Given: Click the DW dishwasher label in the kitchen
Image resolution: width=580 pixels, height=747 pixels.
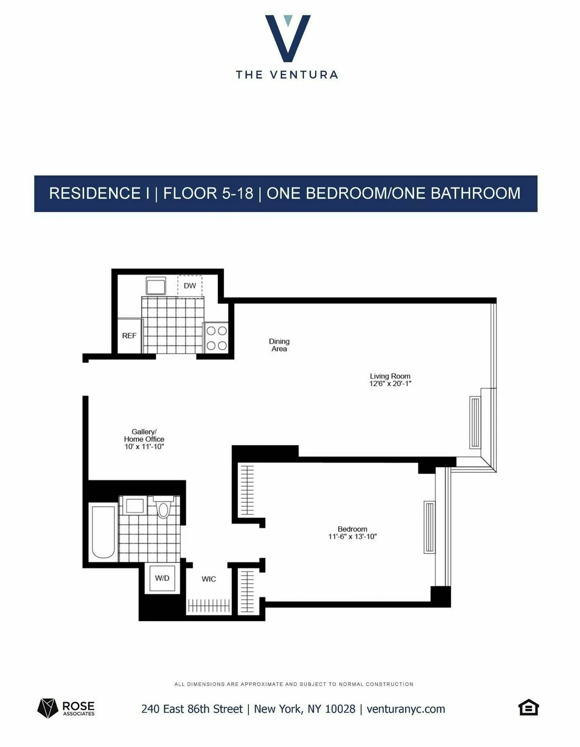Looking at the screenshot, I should click(190, 286).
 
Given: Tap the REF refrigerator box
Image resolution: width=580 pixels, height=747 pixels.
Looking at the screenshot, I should click(129, 336).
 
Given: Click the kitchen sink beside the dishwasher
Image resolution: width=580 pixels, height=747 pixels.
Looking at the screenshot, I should click(156, 286).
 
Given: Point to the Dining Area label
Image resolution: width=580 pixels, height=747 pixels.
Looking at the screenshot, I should click(279, 345).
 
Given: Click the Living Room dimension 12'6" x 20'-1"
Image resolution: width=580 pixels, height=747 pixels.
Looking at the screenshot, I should click(390, 384).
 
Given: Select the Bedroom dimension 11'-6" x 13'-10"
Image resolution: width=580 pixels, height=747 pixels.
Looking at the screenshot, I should click(352, 536).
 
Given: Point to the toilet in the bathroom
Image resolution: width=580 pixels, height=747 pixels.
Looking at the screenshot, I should click(164, 508).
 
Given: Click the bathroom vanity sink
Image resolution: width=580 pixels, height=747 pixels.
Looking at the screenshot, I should click(134, 506).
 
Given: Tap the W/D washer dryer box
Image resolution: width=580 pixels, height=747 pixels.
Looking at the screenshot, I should click(162, 578).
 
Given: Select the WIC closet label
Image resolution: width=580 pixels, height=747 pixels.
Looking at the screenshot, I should click(209, 579).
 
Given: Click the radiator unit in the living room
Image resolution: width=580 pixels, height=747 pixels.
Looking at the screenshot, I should click(475, 423).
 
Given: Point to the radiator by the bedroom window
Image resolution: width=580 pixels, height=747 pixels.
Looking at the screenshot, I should click(429, 527).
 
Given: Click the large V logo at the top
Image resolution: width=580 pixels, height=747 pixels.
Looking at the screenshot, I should click(288, 39).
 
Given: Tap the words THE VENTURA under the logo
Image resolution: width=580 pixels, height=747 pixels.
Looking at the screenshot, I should click(287, 75).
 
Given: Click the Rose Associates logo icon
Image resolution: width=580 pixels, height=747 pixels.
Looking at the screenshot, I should click(47, 708).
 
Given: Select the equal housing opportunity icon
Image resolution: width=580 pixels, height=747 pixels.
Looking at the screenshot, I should click(528, 707).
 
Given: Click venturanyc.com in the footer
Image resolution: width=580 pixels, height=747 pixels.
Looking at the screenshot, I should click(406, 709).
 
